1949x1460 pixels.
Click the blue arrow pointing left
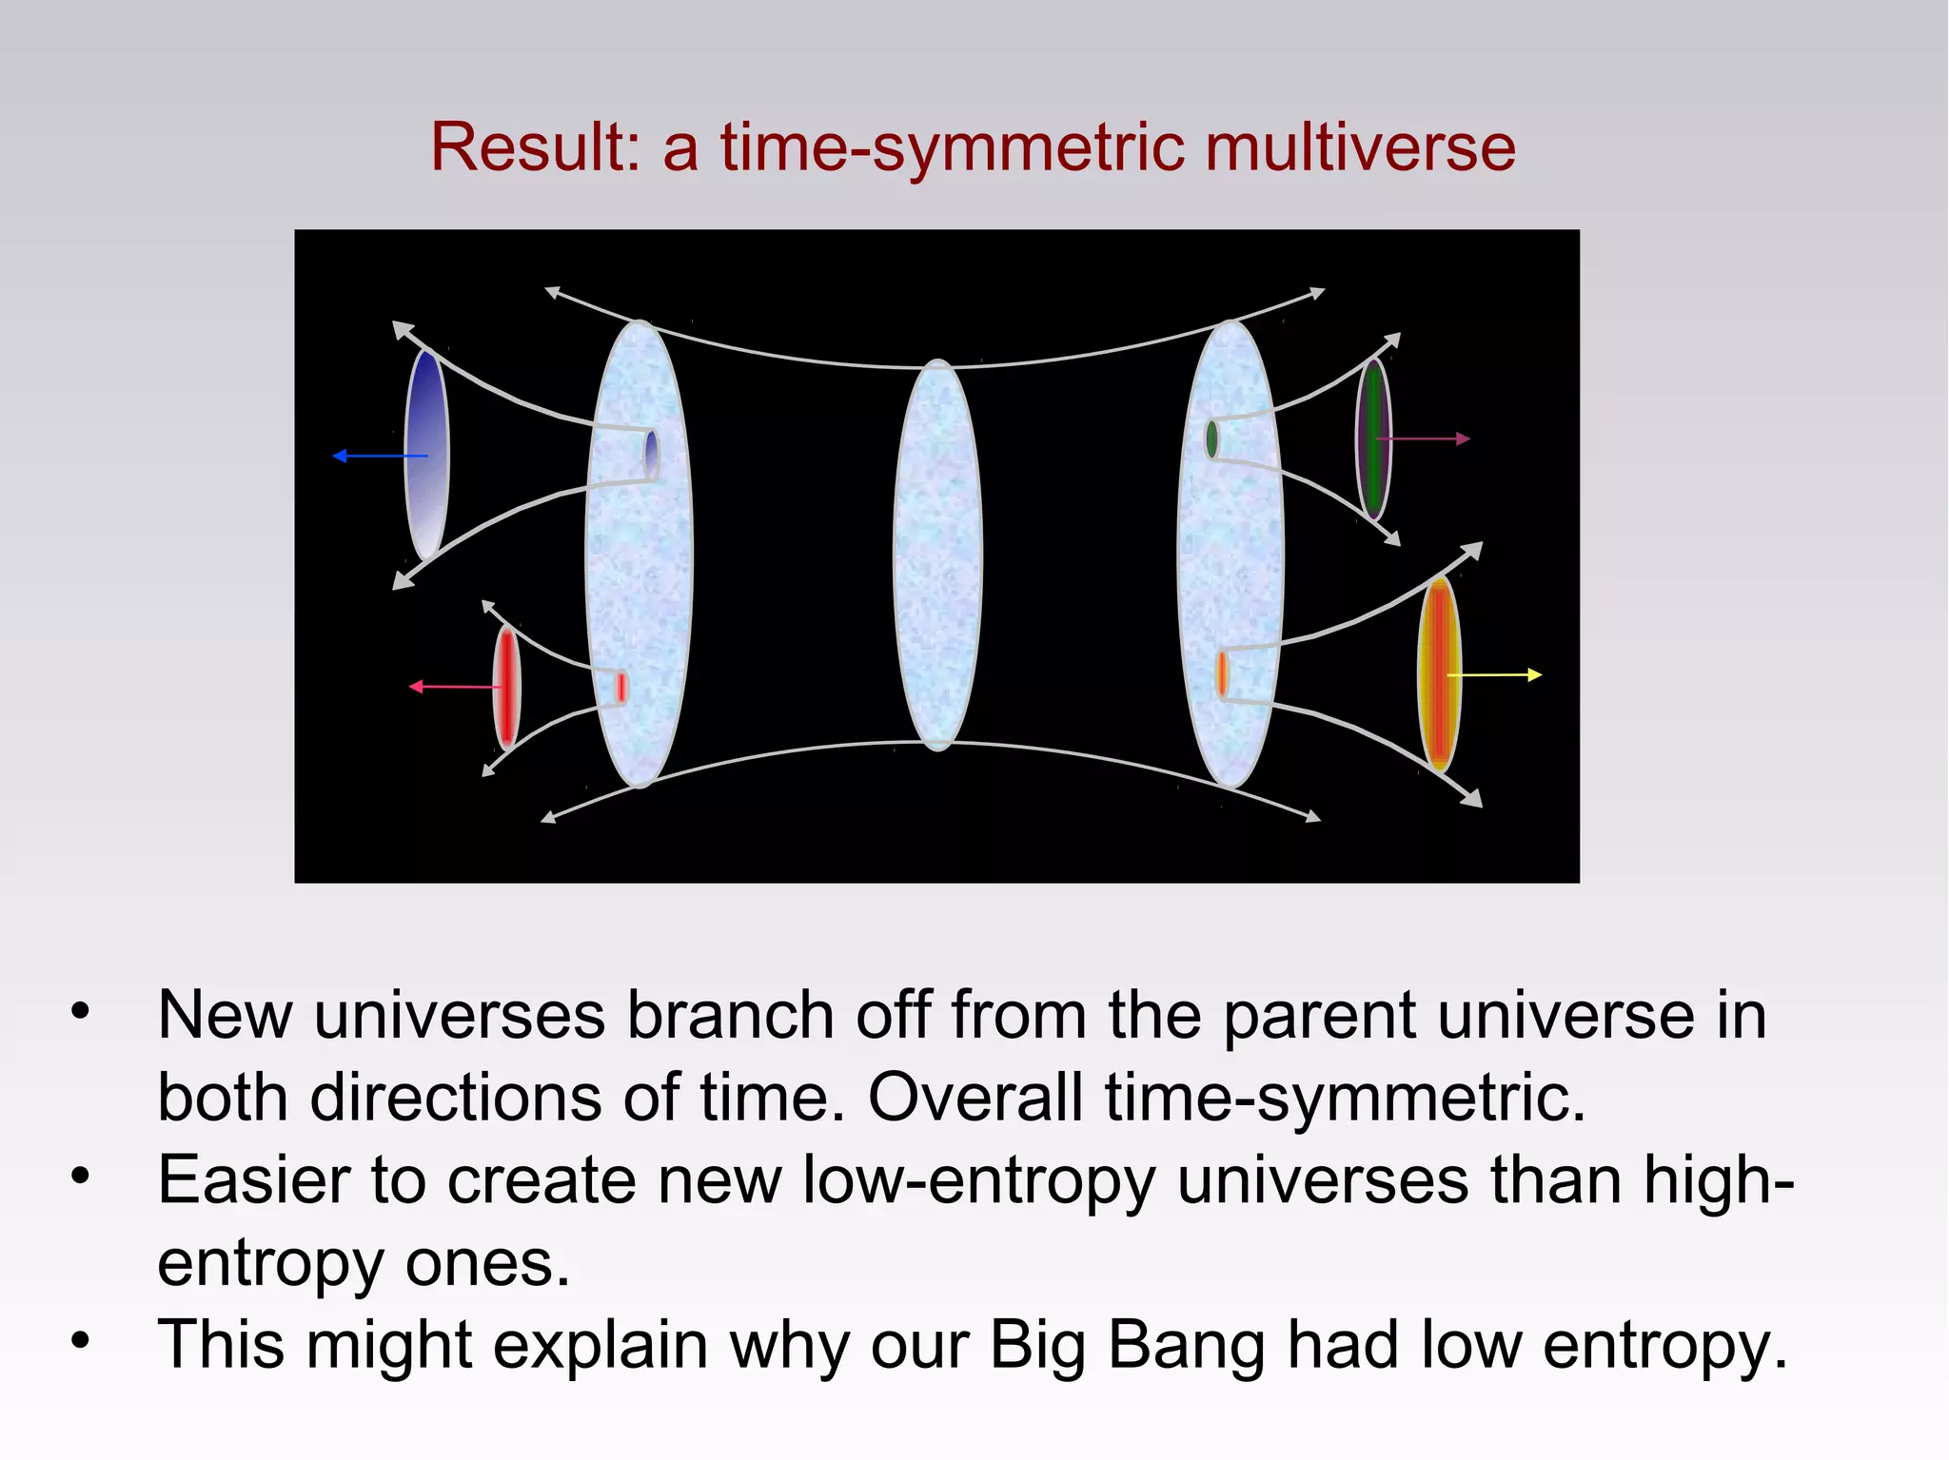[x=376, y=457]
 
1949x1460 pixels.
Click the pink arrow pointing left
[x=452, y=686]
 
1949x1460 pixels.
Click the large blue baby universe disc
[x=425, y=455]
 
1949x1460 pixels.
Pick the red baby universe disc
[x=506, y=687]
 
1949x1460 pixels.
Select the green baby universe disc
[x=1372, y=438]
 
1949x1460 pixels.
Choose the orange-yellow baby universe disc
[x=1438, y=673]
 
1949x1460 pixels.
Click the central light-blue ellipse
[x=937, y=555]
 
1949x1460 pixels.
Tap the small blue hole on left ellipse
[x=651, y=454]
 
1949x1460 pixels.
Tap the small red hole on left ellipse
[x=620, y=687]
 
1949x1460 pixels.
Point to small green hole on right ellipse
[x=1211, y=438]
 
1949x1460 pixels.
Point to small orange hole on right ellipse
[x=1221, y=673]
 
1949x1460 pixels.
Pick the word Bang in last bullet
[x=1186, y=1345]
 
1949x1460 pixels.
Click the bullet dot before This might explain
[x=81, y=1341]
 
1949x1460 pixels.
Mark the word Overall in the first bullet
[x=975, y=1098]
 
